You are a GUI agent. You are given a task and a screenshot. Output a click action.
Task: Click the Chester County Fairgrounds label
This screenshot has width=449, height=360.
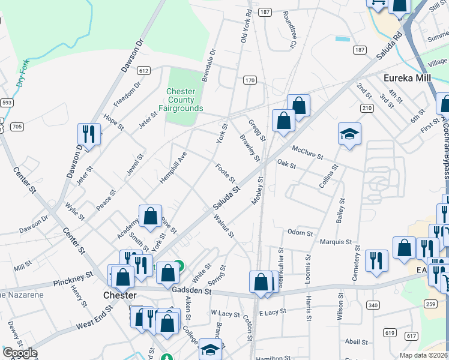click(x=180, y=100)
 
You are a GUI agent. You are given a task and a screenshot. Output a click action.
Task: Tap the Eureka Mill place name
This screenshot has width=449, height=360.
click(x=408, y=77)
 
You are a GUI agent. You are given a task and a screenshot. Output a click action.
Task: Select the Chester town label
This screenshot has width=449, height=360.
click(x=121, y=296)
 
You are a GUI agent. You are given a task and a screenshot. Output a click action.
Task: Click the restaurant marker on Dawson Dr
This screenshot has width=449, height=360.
click(x=89, y=134)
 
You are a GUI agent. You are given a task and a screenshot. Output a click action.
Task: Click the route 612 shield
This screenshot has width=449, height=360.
click(x=143, y=70)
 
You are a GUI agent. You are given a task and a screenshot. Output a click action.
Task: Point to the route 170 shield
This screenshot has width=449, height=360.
click(x=250, y=80)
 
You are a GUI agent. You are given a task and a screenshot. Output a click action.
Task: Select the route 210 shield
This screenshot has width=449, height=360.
click(x=367, y=107)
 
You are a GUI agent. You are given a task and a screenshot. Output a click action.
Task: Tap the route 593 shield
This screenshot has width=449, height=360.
click(x=6, y=103)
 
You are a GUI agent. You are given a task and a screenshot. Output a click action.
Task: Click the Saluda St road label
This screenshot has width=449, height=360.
click(x=226, y=197)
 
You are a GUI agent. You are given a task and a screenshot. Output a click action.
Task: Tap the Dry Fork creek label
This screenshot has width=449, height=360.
click(x=23, y=74)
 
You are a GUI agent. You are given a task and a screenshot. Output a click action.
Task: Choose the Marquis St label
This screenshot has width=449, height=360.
click(x=336, y=242)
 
